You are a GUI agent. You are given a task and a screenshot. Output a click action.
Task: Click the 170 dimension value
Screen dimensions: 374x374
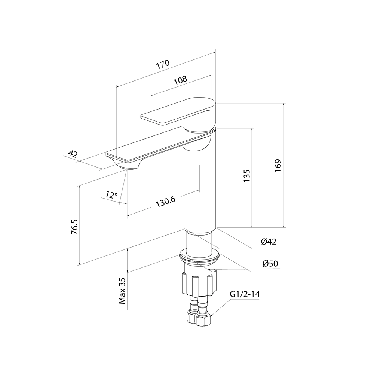coord(163,64)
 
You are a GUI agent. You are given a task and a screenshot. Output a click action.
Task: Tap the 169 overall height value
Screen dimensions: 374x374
coord(278,166)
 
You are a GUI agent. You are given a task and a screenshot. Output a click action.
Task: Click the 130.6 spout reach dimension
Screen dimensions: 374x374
coord(166,202)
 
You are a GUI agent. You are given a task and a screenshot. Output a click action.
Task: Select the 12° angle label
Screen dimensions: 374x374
coord(111,195)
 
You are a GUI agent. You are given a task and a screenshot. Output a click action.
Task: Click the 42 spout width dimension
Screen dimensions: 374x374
coord(73,154)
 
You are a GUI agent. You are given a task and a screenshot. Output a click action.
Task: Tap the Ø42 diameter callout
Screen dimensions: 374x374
coord(269,242)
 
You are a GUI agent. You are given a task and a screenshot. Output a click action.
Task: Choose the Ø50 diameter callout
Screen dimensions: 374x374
coord(270,264)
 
